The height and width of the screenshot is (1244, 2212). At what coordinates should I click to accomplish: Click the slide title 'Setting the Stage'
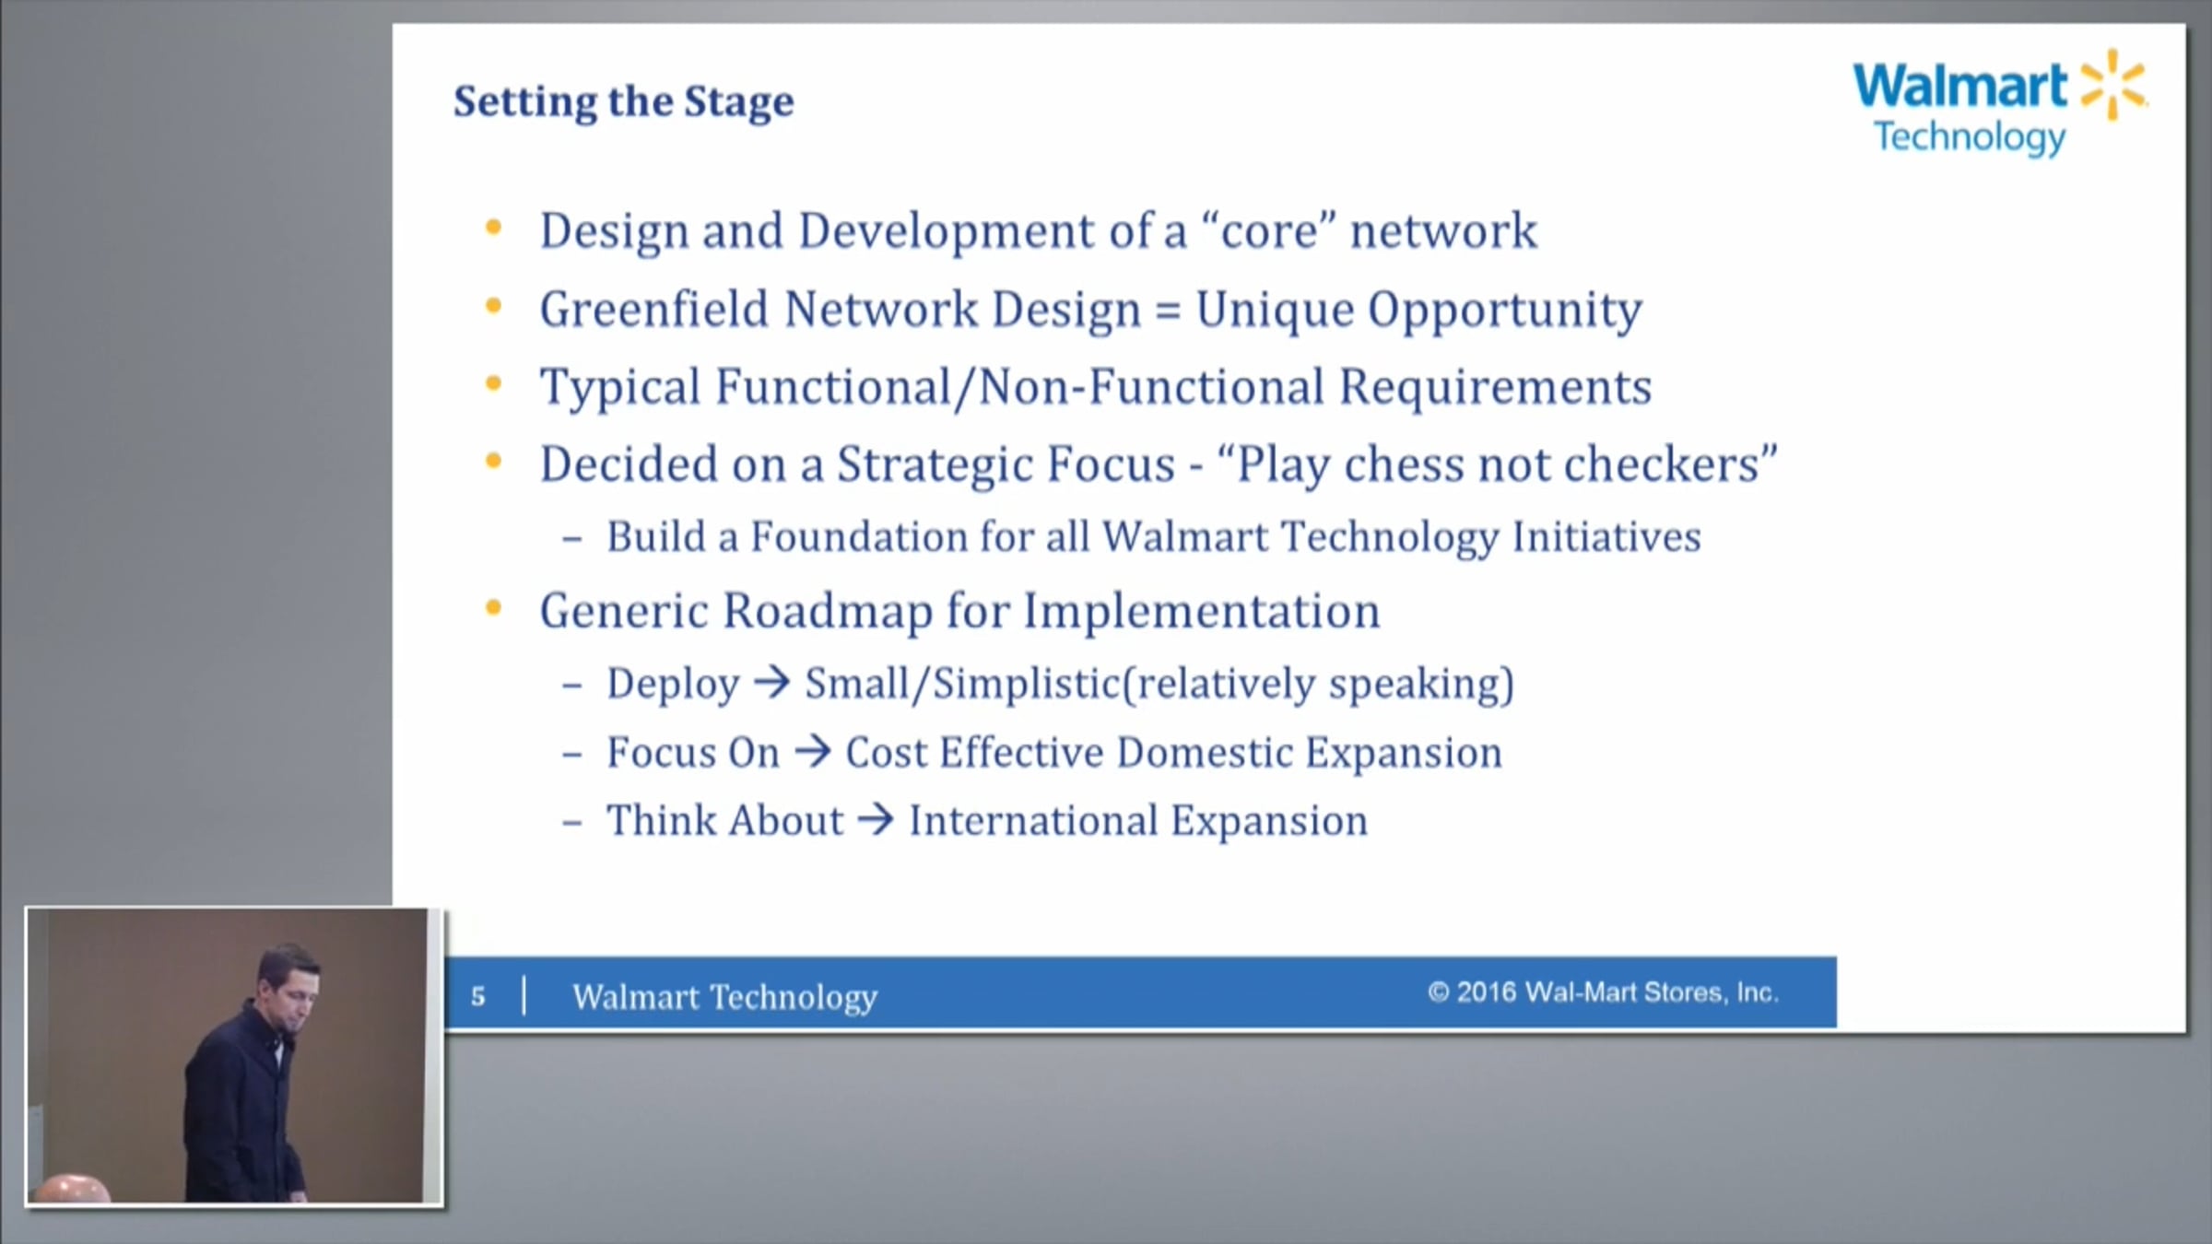pyautogui.click(x=623, y=102)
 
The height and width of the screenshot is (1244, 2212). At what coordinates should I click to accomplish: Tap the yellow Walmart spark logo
pyautogui.click(x=2113, y=85)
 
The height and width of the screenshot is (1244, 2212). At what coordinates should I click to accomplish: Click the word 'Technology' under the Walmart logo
pyautogui.click(x=1971, y=138)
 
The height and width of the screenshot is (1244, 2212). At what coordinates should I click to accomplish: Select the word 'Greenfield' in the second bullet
pyautogui.click(x=653, y=309)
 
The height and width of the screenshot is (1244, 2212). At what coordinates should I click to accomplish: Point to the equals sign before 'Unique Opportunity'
pyautogui.click(x=1168, y=311)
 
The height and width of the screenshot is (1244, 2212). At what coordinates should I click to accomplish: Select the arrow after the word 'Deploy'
pyautogui.click(x=772, y=683)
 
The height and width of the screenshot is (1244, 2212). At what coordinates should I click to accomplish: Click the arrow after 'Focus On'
pyautogui.click(x=813, y=752)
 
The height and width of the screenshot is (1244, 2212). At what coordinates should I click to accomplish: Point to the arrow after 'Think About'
pyautogui.click(x=876, y=820)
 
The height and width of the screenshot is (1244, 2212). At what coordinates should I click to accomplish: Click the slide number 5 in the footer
pyautogui.click(x=477, y=996)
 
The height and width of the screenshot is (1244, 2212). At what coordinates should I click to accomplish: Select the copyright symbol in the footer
pyautogui.click(x=1438, y=992)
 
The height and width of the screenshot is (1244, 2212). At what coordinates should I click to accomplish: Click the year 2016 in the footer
pyautogui.click(x=1486, y=992)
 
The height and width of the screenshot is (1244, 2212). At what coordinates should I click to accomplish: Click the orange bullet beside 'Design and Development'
pyautogui.click(x=494, y=228)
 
